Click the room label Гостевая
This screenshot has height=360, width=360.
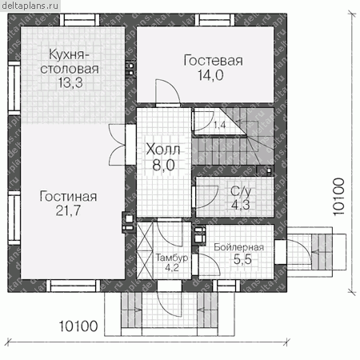point(213,61)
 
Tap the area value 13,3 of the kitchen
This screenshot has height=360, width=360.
point(70,82)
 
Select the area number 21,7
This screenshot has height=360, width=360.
point(68,210)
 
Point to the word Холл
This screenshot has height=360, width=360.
point(163,150)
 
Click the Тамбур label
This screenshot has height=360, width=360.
point(172,258)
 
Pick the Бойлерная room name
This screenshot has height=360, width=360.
point(239,247)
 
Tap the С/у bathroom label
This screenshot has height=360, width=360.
point(241,192)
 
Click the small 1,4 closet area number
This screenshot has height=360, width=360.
point(219,125)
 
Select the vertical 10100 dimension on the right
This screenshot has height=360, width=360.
point(338,197)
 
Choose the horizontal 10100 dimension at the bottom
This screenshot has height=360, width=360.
point(78,326)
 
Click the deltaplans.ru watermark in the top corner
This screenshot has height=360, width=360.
point(30,6)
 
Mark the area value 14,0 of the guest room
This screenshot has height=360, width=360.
point(210,75)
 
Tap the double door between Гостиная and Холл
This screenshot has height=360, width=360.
point(118,145)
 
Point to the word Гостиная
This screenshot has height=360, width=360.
point(68,197)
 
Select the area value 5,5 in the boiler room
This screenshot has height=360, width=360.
point(242,259)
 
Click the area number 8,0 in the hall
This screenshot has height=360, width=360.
point(163,165)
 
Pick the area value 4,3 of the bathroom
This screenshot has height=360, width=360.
point(241,205)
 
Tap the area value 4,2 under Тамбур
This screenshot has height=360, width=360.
point(172,267)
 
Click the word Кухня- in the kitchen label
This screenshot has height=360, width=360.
point(69,54)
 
